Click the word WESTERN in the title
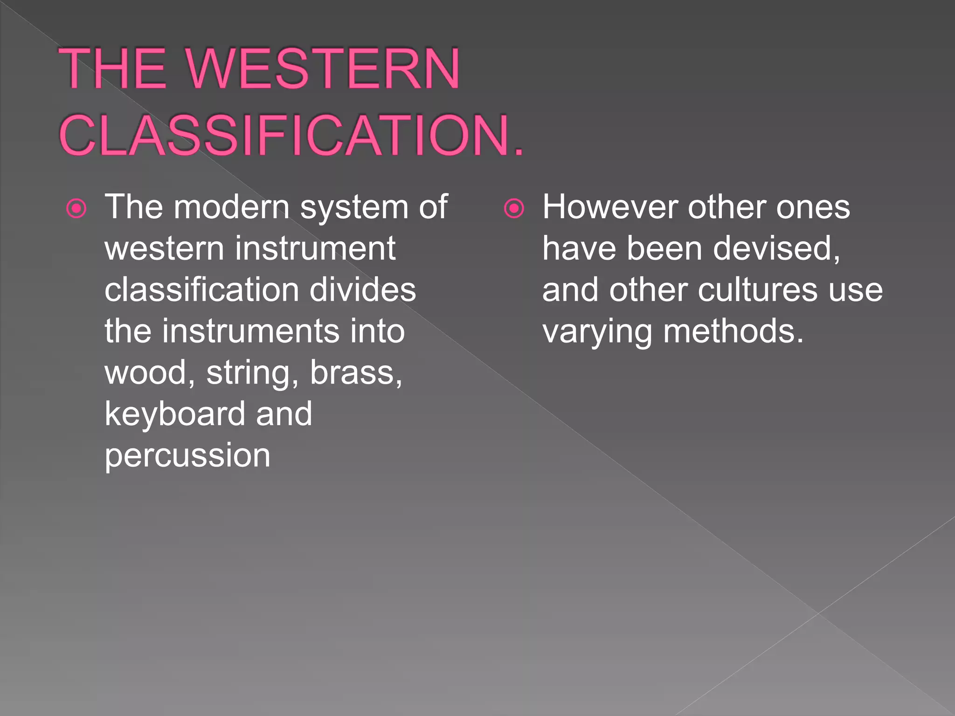click(324, 69)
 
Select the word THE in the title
click(112, 69)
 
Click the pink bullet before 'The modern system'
click(76, 208)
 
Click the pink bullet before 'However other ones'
click(514, 208)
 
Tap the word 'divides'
click(362, 289)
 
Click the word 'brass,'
click(356, 372)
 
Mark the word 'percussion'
click(187, 456)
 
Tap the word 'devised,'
click(776, 248)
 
